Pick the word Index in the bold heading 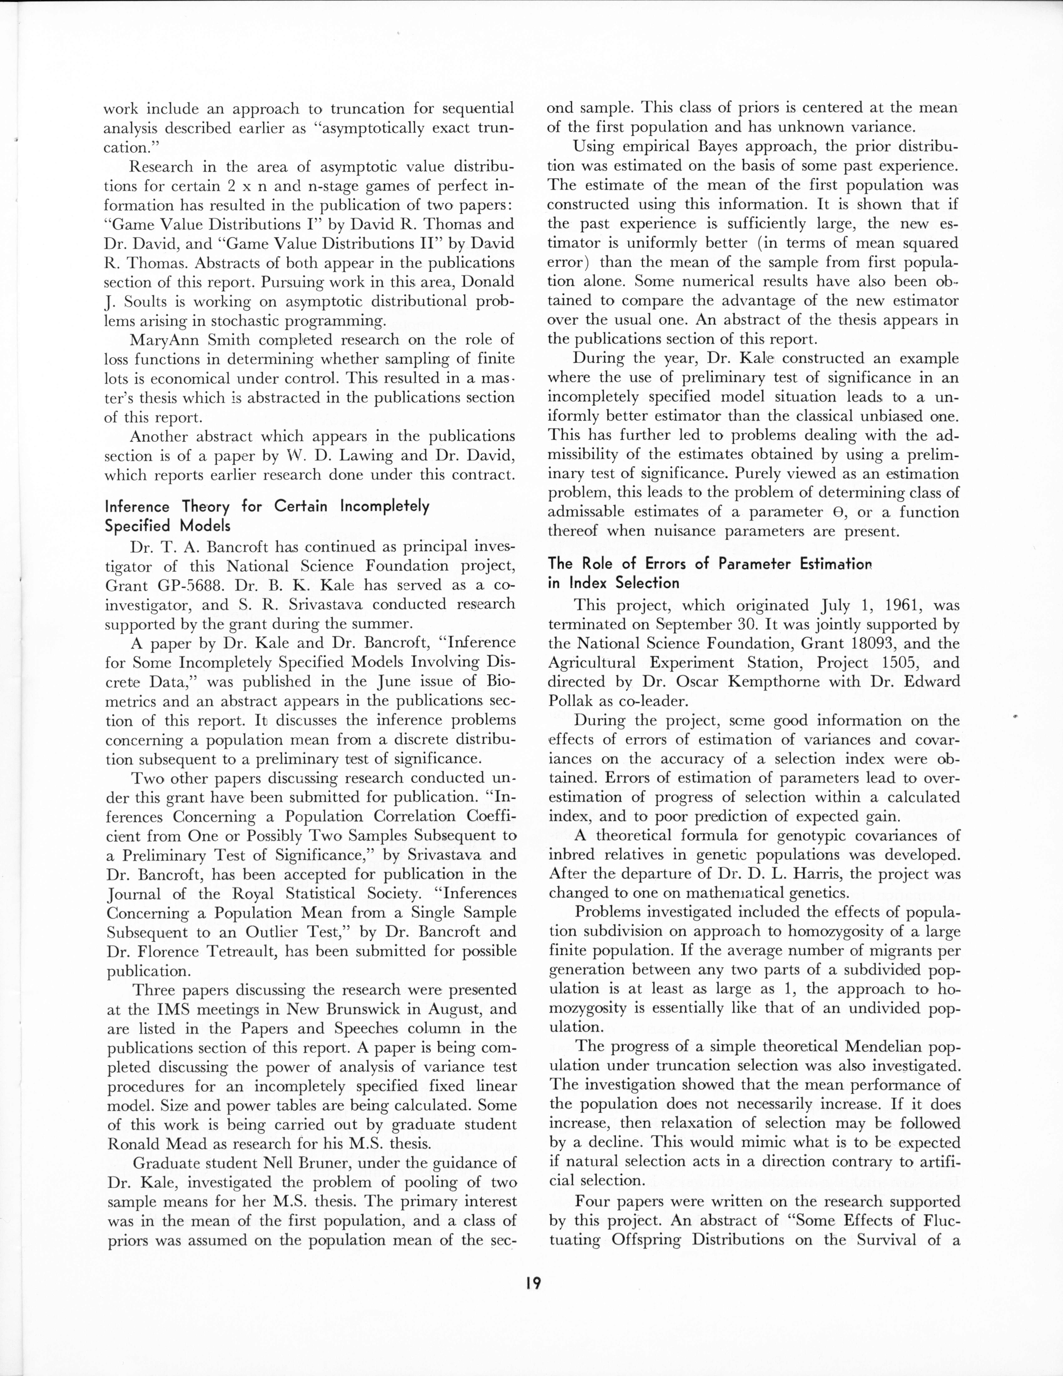tap(589, 583)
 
